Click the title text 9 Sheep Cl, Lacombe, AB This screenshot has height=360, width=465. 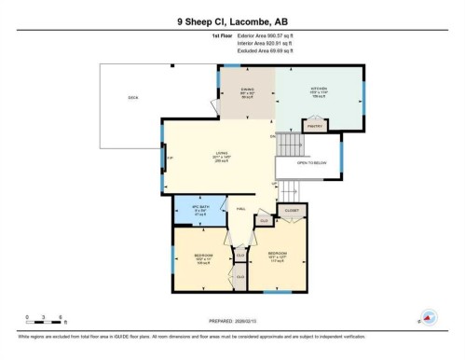click(232, 20)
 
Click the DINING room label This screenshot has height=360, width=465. click(247, 92)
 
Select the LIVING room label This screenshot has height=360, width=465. click(222, 155)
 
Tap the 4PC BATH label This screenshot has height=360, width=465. click(197, 210)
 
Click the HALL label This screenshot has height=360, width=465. click(239, 209)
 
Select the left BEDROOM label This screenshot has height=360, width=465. click(205, 256)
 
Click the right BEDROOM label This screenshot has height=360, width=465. click(277, 254)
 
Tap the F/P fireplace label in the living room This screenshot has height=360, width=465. click(169, 158)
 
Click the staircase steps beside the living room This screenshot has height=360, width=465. click(289, 145)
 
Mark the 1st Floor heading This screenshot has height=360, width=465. click(222, 35)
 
